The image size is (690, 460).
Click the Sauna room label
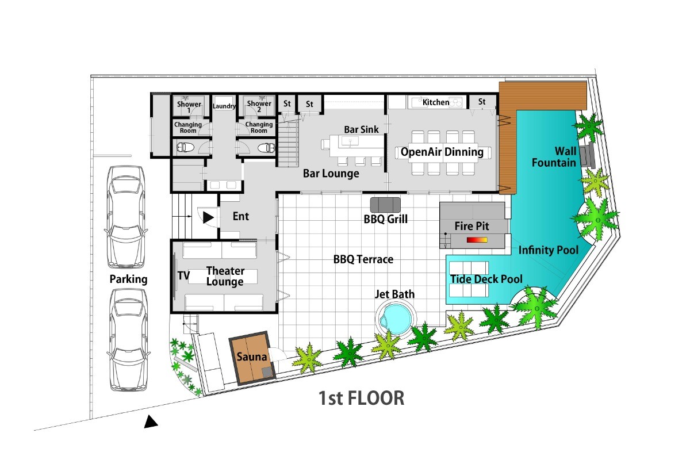(251, 356)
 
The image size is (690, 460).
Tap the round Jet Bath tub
(396, 319)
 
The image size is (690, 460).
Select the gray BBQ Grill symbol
(385, 205)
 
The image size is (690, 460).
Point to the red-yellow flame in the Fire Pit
(477, 240)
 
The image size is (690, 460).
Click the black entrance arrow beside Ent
(208, 217)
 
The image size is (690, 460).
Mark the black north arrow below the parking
(151, 421)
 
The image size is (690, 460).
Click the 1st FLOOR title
(361, 398)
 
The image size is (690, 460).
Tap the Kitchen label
(436, 102)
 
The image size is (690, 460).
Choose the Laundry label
(224, 106)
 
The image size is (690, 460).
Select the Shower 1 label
(189, 106)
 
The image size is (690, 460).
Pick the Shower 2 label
(259, 106)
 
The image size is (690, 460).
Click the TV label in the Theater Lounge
(183, 275)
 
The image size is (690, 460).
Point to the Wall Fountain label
(554, 157)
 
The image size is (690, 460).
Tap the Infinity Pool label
(549, 250)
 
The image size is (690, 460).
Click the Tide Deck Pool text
(486, 279)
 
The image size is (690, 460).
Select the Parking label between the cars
(128, 279)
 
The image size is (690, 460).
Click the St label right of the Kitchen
(482, 102)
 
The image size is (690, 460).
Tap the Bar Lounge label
(331, 174)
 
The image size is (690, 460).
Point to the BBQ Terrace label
(363, 259)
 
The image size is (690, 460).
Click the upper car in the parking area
(126, 217)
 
